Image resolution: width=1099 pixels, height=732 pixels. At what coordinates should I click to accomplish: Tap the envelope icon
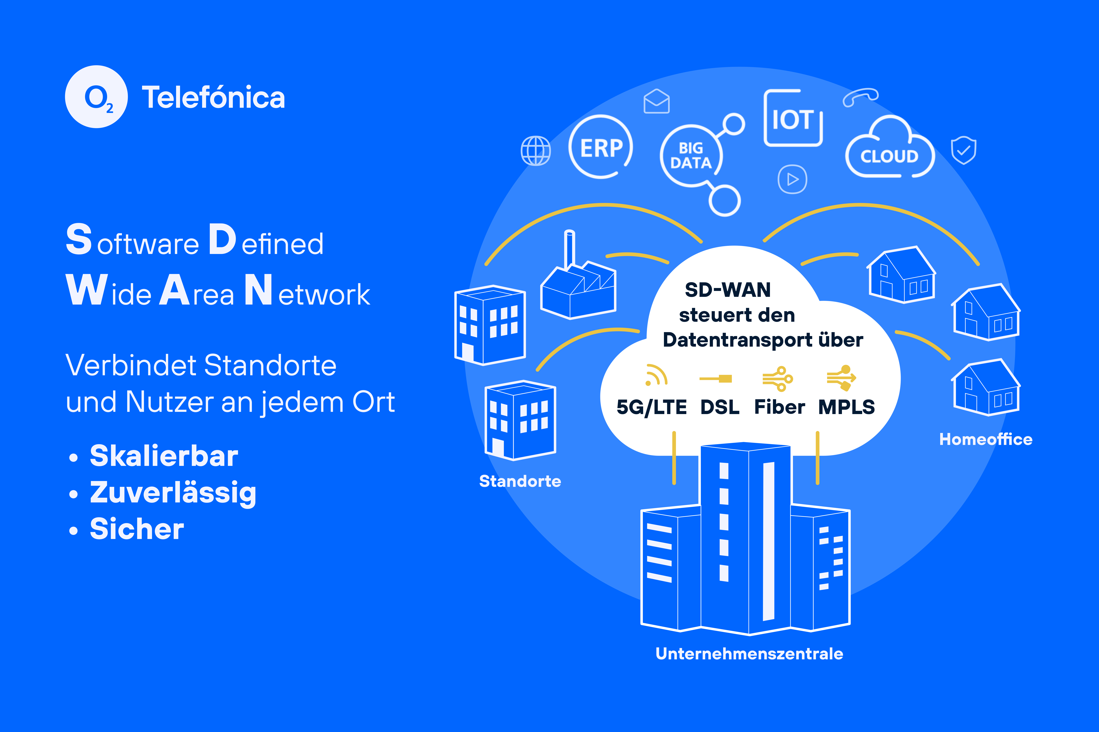coord(657,101)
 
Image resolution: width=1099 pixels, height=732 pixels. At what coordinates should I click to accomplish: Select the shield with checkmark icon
coord(964,150)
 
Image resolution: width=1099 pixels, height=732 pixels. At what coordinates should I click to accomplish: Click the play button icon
coord(792,179)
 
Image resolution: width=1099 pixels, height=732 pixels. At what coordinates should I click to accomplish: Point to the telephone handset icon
coord(860,97)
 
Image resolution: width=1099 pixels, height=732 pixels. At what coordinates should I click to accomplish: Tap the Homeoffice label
coord(986,439)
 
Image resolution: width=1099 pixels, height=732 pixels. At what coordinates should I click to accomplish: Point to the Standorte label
coord(520,481)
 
